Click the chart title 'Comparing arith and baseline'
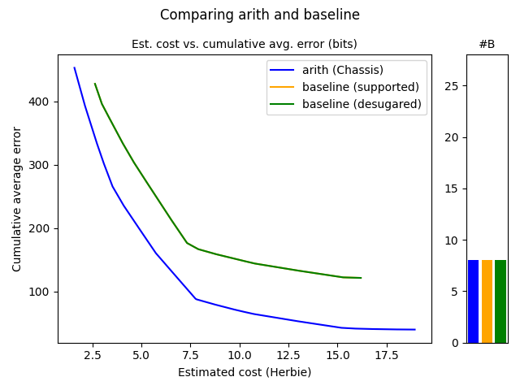260,15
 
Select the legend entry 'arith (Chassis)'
343,70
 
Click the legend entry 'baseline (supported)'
361,87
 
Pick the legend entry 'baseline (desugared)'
362,104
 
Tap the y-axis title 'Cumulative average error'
17,198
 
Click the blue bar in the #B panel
473,301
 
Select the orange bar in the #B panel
487,301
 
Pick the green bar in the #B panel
500,301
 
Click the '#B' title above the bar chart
487,44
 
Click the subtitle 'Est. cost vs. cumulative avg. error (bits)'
244,44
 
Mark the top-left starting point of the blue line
75,67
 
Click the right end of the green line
361,278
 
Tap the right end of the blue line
415,330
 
